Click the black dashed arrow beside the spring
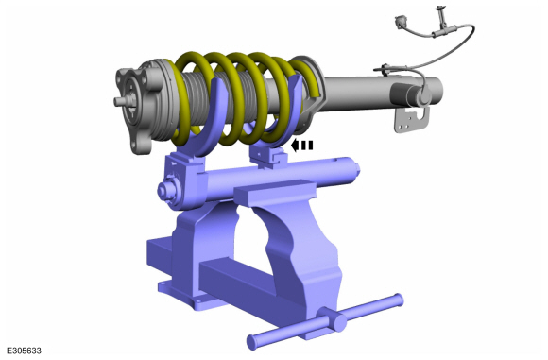click(301, 146)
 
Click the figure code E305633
click(24, 351)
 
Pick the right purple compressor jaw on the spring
click(280, 115)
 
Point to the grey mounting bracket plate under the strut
click(412, 120)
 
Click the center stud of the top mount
click(120, 101)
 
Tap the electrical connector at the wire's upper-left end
click(399, 21)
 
